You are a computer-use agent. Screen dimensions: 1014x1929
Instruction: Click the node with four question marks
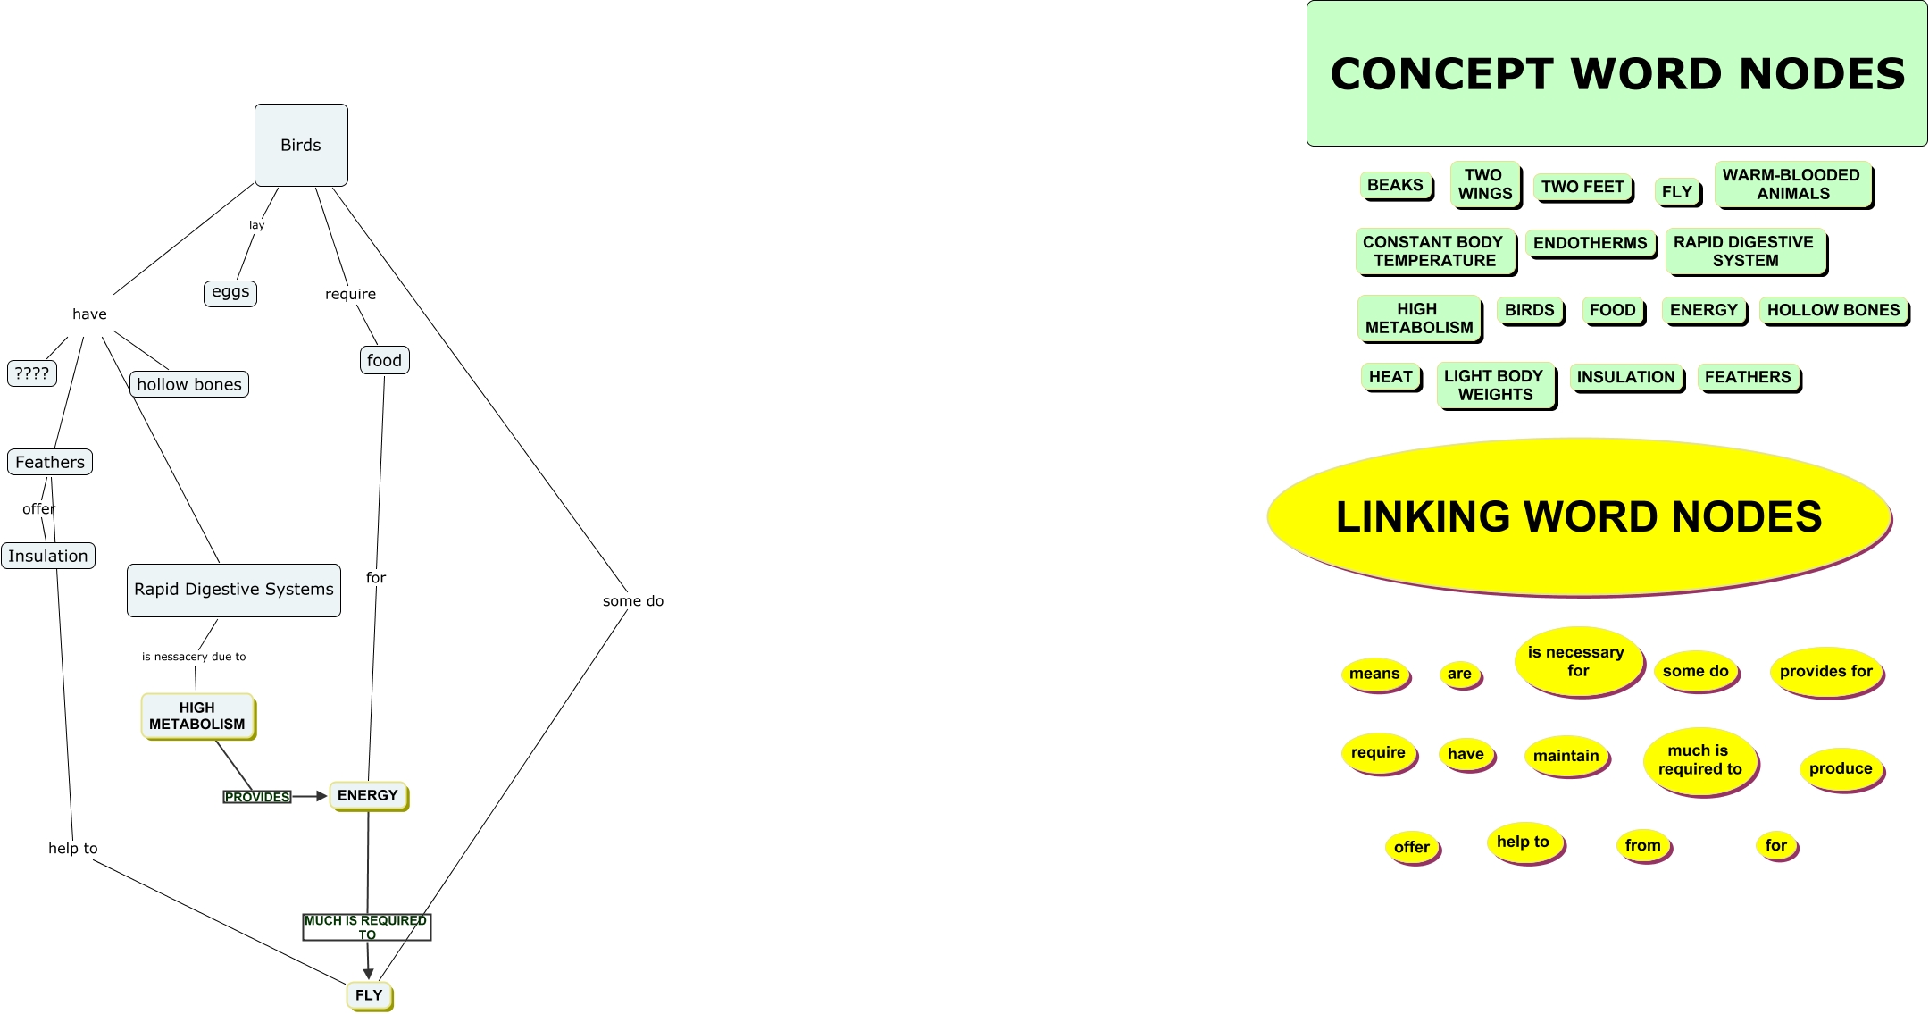point(32,373)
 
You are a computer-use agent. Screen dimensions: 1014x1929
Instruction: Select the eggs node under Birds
point(230,293)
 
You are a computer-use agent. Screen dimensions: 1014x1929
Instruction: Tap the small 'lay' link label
point(257,225)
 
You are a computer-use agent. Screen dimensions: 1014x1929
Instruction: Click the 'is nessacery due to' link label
point(194,657)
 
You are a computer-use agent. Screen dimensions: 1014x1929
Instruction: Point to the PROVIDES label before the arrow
point(257,797)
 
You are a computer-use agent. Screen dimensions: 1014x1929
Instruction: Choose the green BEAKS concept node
point(1395,185)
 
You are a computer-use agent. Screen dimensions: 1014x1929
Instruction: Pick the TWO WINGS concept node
point(1484,184)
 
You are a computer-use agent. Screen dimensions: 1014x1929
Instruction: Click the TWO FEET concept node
point(1582,187)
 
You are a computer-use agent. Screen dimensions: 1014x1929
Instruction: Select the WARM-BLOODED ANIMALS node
point(1791,184)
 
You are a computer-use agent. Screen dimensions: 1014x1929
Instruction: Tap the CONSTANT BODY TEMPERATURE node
point(1433,251)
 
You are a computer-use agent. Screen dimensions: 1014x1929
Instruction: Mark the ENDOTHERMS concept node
point(1590,243)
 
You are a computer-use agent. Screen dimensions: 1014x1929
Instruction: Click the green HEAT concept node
point(1390,377)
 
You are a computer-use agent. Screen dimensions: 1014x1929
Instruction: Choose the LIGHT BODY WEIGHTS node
point(1494,385)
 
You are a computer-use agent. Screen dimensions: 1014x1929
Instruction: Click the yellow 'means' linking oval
point(1374,674)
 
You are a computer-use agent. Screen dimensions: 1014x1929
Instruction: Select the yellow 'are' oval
point(1459,674)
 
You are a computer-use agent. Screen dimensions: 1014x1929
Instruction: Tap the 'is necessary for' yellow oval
point(1576,662)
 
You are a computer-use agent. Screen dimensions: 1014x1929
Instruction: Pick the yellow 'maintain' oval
point(1566,756)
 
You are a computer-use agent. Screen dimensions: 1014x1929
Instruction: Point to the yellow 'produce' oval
point(1840,768)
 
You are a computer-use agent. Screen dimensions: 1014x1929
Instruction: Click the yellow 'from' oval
point(1642,845)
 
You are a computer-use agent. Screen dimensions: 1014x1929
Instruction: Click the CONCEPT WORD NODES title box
point(1616,73)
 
